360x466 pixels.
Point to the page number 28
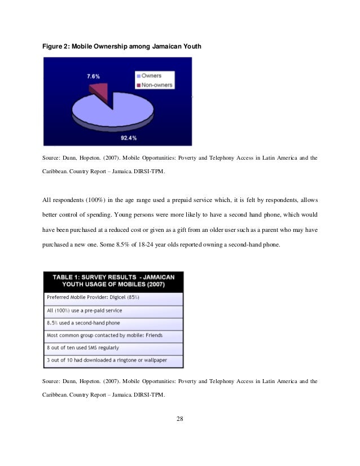pyautogui.click(x=180, y=419)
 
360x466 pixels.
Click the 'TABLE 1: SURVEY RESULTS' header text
pyautogui.click(x=113, y=276)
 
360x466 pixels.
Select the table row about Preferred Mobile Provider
pyautogui.click(x=113, y=297)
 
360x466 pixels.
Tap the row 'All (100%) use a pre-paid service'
pyautogui.click(x=113, y=310)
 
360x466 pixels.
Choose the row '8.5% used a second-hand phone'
pyautogui.click(x=113, y=323)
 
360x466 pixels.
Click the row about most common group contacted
pyautogui.click(x=113, y=335)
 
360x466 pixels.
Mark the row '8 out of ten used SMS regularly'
pyautogui.click(x=113, y=348)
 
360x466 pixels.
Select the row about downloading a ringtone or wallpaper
pyautogui.click(x=113, y=360)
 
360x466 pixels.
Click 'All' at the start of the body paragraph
pyautogui.click(x=47, y=199)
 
